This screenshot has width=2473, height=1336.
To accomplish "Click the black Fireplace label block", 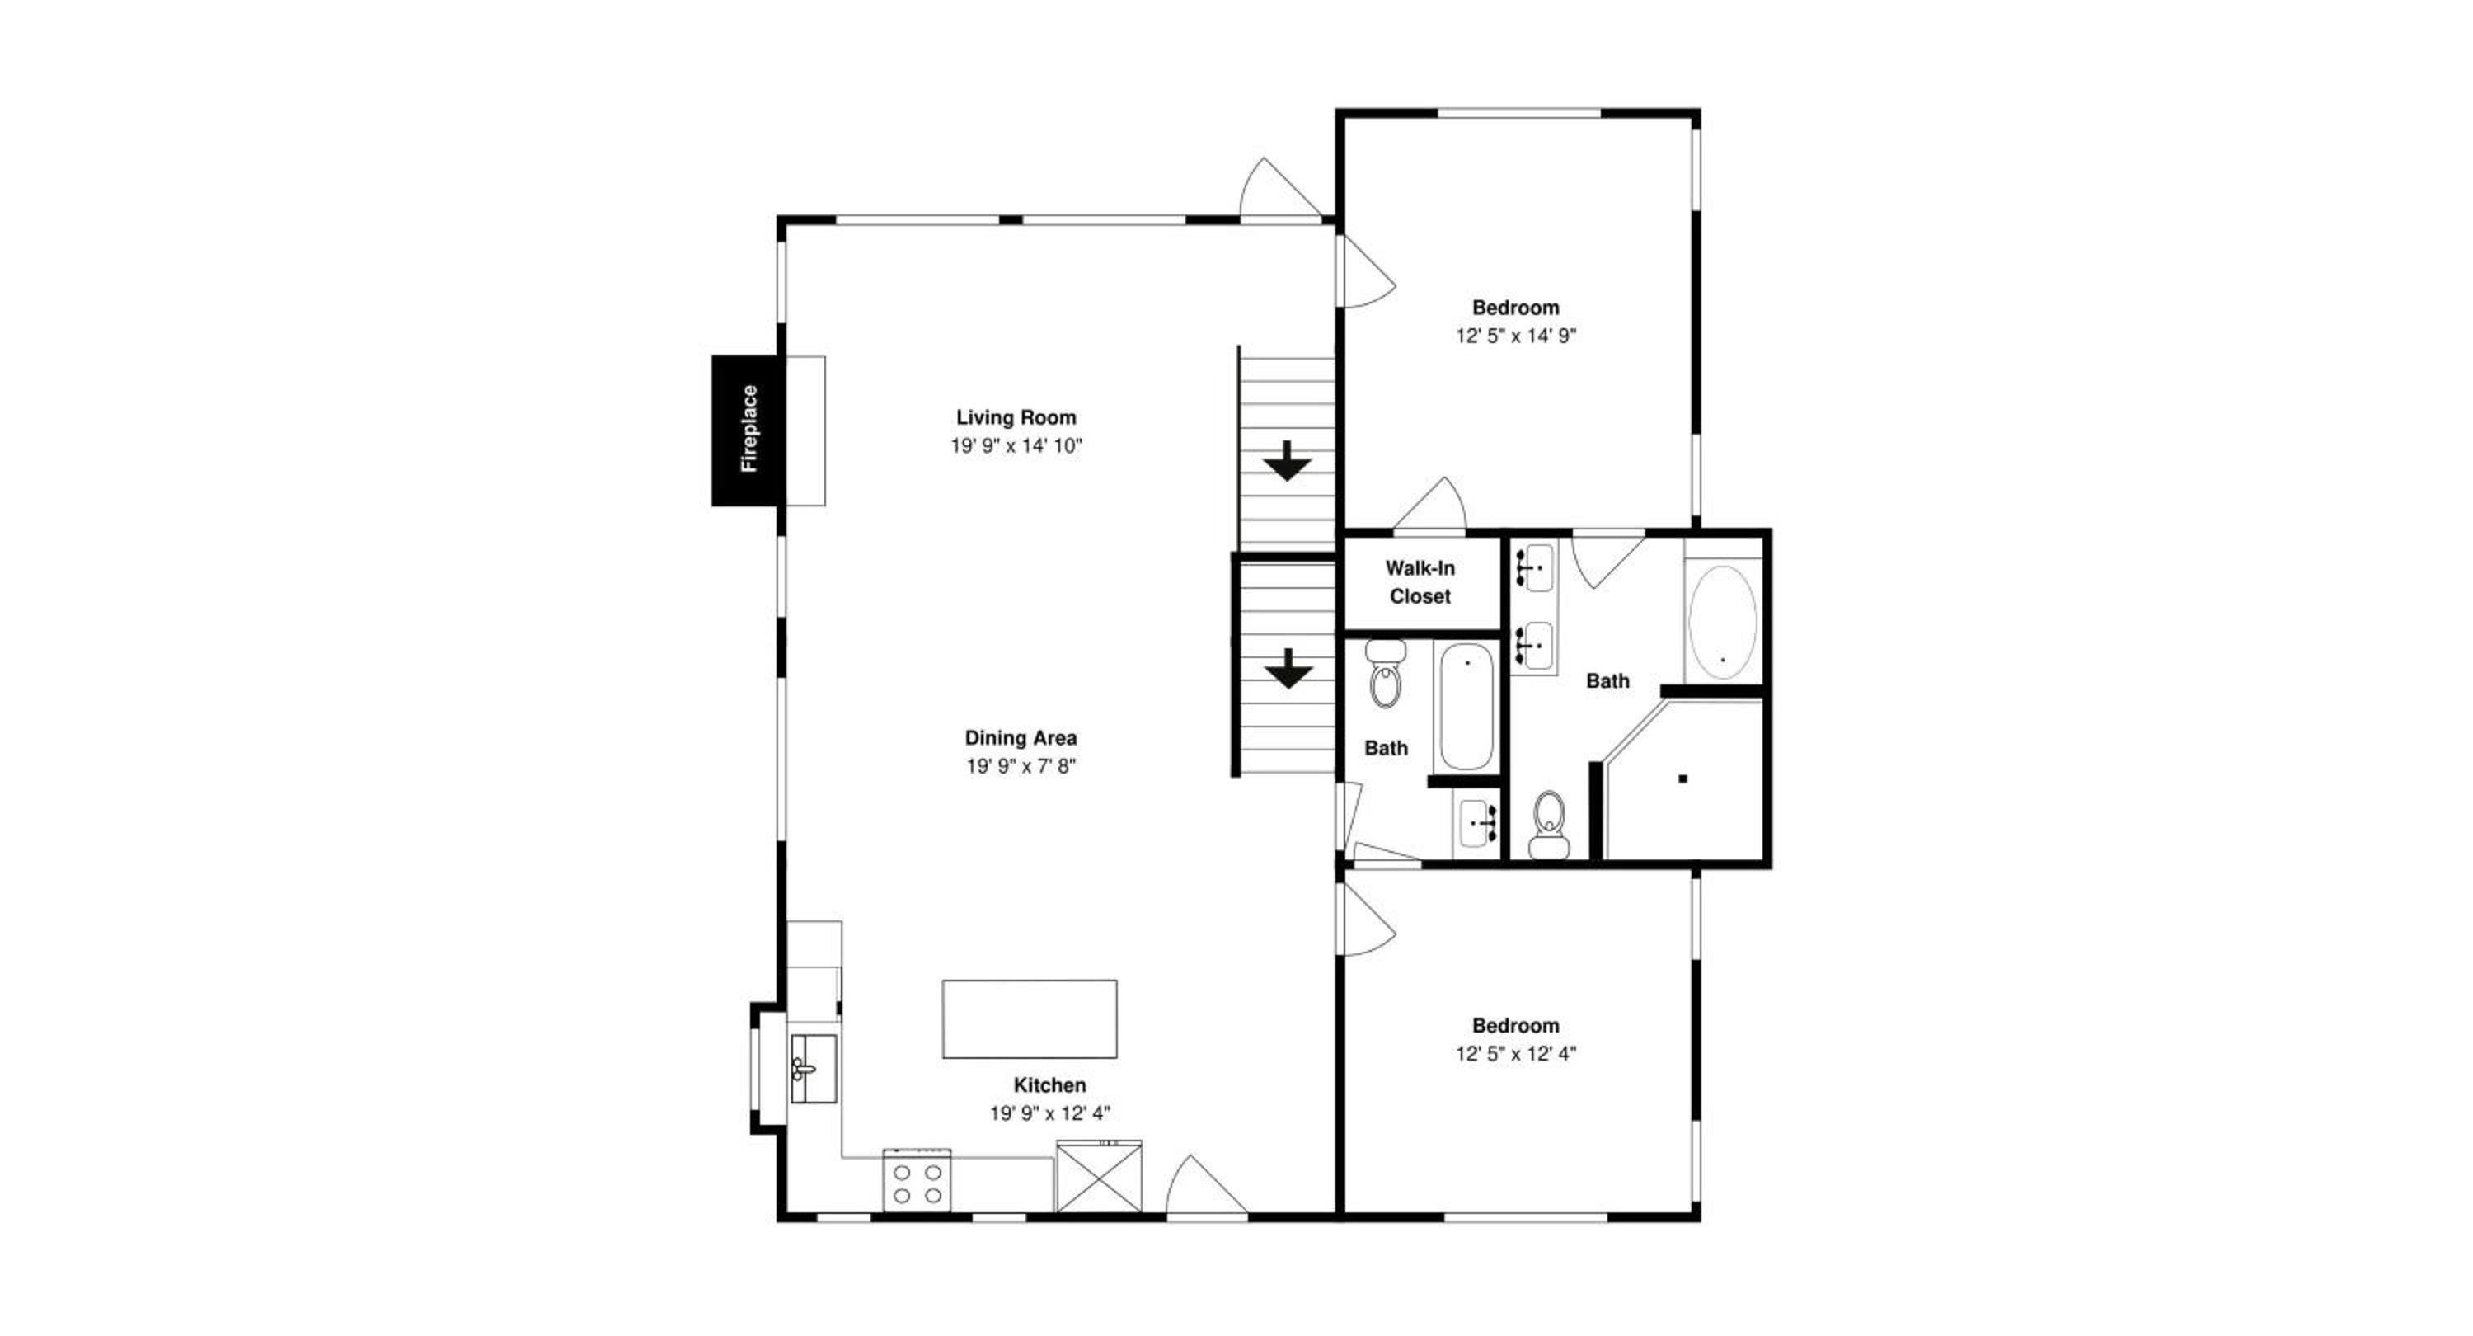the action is pyautogui.click(x=748, y=430).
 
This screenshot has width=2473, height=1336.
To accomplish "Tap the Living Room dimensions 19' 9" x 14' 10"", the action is pyautogui.click(x=1016, y=445).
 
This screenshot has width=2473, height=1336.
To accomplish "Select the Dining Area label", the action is pyautogui.click(x=1021, y=737).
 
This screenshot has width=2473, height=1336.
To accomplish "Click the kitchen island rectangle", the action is pyautogui.click(x=1029, y=1019).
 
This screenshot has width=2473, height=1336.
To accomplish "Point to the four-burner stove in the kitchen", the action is pyautogui.click(x=917, y=1179).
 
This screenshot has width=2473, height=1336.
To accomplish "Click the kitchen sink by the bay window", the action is pyautogui.click(x=812, y=1068).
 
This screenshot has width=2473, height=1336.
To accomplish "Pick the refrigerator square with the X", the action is pyautogui.click(x=1099, y=1176).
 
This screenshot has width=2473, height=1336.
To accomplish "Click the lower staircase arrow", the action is pyautogui.click(x=1288, y=669).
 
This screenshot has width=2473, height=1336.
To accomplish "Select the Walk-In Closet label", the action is pyautogui.click(x=1420, y=582).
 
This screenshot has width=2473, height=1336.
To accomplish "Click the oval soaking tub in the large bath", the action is pyautogui.click(x=1722, y=623).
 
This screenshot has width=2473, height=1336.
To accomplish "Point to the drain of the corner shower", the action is pyautogui.click(x=1682, y=779).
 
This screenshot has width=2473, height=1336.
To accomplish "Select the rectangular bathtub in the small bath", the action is pyautogui.click(x=1466, y=707).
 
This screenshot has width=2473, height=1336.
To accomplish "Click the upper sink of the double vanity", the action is pyautogui.click(x=1533, y=567).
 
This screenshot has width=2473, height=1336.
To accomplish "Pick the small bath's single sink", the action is pyautogui.click(x=1476, y=823).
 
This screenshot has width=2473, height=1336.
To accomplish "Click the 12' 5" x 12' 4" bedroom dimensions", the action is pyautogui.click(x=1516, y=1054).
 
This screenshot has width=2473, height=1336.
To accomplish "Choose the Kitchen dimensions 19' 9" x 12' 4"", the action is pyautogui.click(x=1050, y=1113).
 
